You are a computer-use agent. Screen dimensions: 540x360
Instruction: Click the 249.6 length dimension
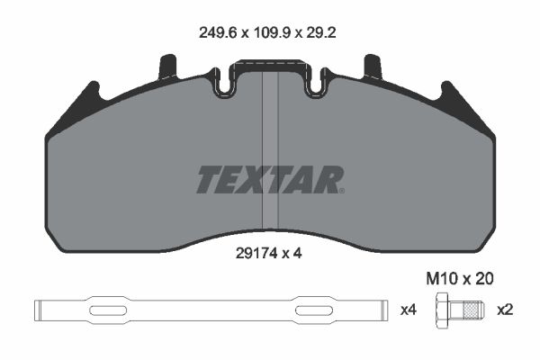click(x=218, y=32)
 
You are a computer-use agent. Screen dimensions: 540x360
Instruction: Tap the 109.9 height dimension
click(x=272, y=32)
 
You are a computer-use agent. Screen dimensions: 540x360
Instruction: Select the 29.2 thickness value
click(x=321, y=32)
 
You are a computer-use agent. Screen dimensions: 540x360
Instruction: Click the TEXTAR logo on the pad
click(x=270, y=179)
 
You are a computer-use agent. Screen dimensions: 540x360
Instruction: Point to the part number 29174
click(x=256, y=254)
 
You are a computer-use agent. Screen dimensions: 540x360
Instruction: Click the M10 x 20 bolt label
click(x=460, y=279)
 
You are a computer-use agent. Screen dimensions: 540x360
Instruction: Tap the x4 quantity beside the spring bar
click(x=409, y=310)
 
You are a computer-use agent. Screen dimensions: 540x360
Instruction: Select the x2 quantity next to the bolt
click(x=505, y=310)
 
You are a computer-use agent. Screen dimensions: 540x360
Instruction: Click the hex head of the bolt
click(x=442, y=310)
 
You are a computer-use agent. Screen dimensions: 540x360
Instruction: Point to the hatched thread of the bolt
click(x=471, y=310)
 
